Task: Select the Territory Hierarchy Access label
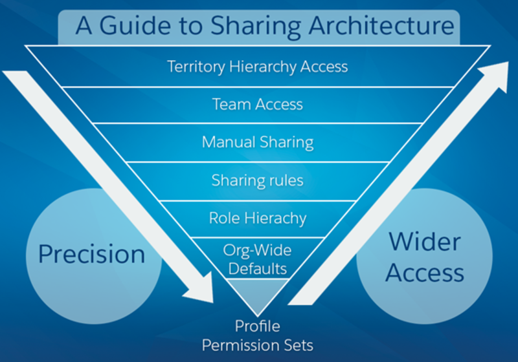pyautogui.click(x=257, y=67)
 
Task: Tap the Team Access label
pyautogui.click(x=257, y=104)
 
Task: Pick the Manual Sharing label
pyautogui.click(x=257, y=142)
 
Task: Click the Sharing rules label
pyautogui.click(x=257, y=180)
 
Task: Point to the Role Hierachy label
pyautogui.click(x=257, y=218)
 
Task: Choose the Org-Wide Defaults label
pyautogui.click(x=257, y=258)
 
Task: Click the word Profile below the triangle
pyautogui.click(x=257, y=326)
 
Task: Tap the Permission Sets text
pyautogui.click(x=257, y=345)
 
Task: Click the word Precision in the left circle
pyautogui.click(x=91, y=254)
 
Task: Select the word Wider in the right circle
pyautogui.click(x=425, y=242)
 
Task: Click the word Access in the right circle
pyautogui.click(x=425, y=273)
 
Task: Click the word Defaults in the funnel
pyautogui.click(x=257, y=266)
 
